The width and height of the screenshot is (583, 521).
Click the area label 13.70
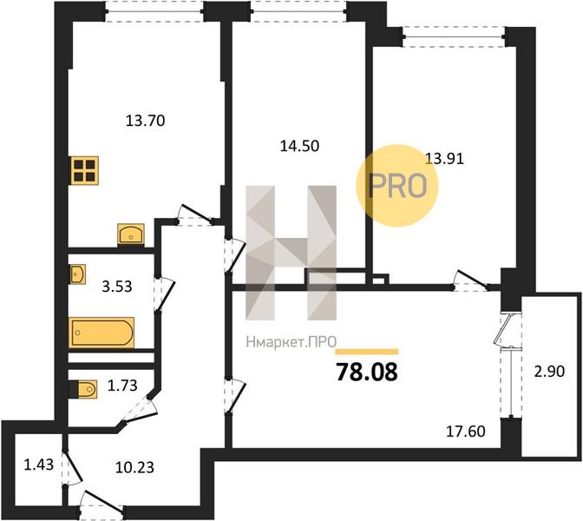pos(146,121)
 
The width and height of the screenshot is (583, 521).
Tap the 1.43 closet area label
pos(39,465)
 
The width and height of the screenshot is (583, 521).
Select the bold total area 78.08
pos(366,373)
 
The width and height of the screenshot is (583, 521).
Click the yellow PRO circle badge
pos(398,185)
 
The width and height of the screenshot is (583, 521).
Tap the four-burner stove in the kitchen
pos(85,169)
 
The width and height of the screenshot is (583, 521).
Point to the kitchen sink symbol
pos(129,234)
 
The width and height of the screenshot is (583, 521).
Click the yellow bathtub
pos(102,333)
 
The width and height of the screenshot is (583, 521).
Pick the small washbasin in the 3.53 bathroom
pos(77,274)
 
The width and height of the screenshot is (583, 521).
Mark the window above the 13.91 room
pos(452,36)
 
